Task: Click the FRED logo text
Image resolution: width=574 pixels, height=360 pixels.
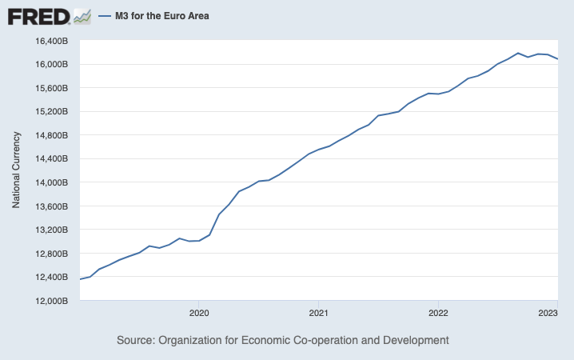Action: [38, 16]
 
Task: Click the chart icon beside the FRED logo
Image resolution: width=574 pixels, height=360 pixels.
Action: [82, 15]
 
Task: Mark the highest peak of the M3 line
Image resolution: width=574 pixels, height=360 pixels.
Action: [518, 53]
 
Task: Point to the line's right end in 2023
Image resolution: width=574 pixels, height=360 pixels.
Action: [557, 59]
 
